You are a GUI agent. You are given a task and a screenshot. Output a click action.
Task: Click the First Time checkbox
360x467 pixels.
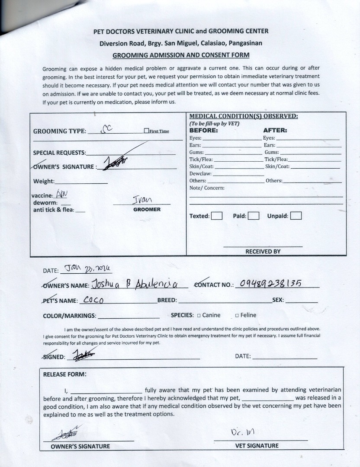[146, 131]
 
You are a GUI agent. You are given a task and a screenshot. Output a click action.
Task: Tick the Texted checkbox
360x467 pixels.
[217, 216]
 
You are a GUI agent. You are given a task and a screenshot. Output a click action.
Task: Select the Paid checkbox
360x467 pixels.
[254, 216]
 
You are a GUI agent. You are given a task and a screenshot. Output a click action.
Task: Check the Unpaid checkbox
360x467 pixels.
[296, 216]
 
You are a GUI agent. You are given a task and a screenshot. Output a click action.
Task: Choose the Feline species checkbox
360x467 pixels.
[237, 316]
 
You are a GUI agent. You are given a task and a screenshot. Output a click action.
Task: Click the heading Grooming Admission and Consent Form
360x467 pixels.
[181, 55]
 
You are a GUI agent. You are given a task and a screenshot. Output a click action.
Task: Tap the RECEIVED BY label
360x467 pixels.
[263, 251]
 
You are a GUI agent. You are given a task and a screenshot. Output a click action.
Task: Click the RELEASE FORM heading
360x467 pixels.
[64, 374]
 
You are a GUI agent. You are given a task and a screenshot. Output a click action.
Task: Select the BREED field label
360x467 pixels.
[167, 300]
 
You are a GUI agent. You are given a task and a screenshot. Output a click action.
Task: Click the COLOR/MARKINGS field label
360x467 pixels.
[70, 316]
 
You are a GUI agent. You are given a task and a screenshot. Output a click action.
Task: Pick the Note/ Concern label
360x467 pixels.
[207, 188]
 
